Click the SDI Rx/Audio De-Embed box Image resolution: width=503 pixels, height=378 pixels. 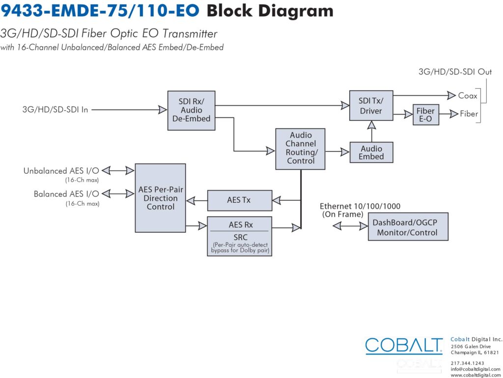point(191,110)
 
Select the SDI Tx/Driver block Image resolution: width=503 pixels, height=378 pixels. point(371,106)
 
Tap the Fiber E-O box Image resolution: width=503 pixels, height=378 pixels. point(426,114)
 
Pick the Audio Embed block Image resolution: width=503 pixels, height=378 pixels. point(371,152)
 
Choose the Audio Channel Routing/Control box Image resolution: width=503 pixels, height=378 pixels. point(300,149)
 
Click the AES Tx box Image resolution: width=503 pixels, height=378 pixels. point(240,200)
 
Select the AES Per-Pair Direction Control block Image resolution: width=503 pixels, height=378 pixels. point(161,198)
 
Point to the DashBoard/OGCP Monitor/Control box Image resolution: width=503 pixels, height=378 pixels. point(408,227)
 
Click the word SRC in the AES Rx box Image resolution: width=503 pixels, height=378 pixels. point(240,237)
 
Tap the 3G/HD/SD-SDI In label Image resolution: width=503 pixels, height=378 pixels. point(55,109)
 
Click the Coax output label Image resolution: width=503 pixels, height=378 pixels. point(468,96)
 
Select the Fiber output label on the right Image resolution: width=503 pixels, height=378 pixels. point(469,114)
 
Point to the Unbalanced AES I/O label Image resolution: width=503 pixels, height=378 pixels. point(61,170)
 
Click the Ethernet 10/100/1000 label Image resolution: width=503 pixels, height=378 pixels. point(360,206)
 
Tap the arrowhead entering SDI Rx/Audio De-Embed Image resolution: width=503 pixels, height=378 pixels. point(163,109)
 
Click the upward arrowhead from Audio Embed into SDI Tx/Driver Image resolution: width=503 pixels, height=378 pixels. point(371,125)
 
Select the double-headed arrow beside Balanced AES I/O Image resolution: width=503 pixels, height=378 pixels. point(118,193)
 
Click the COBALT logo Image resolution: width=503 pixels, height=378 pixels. point(404,346)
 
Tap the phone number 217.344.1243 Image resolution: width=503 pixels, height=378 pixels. point(468,363)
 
